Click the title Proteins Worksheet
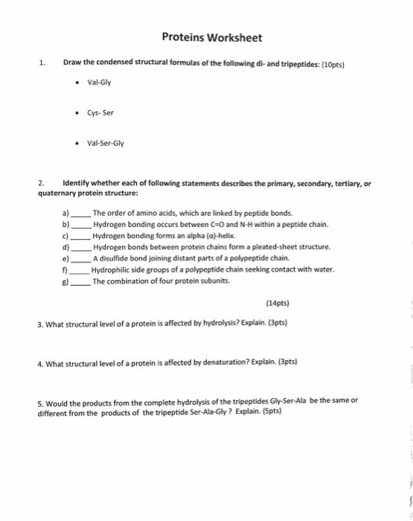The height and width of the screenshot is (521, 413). [x=211, y=38]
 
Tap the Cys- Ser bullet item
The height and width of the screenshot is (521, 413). [x=100, y=114]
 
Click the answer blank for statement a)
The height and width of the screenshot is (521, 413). [x=81, y=213]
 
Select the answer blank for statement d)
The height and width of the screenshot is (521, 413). [x=81, y=246]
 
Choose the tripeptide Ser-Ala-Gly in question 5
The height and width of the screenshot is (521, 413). [x=197, y=410]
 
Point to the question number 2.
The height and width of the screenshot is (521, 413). [x=42, y=182]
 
